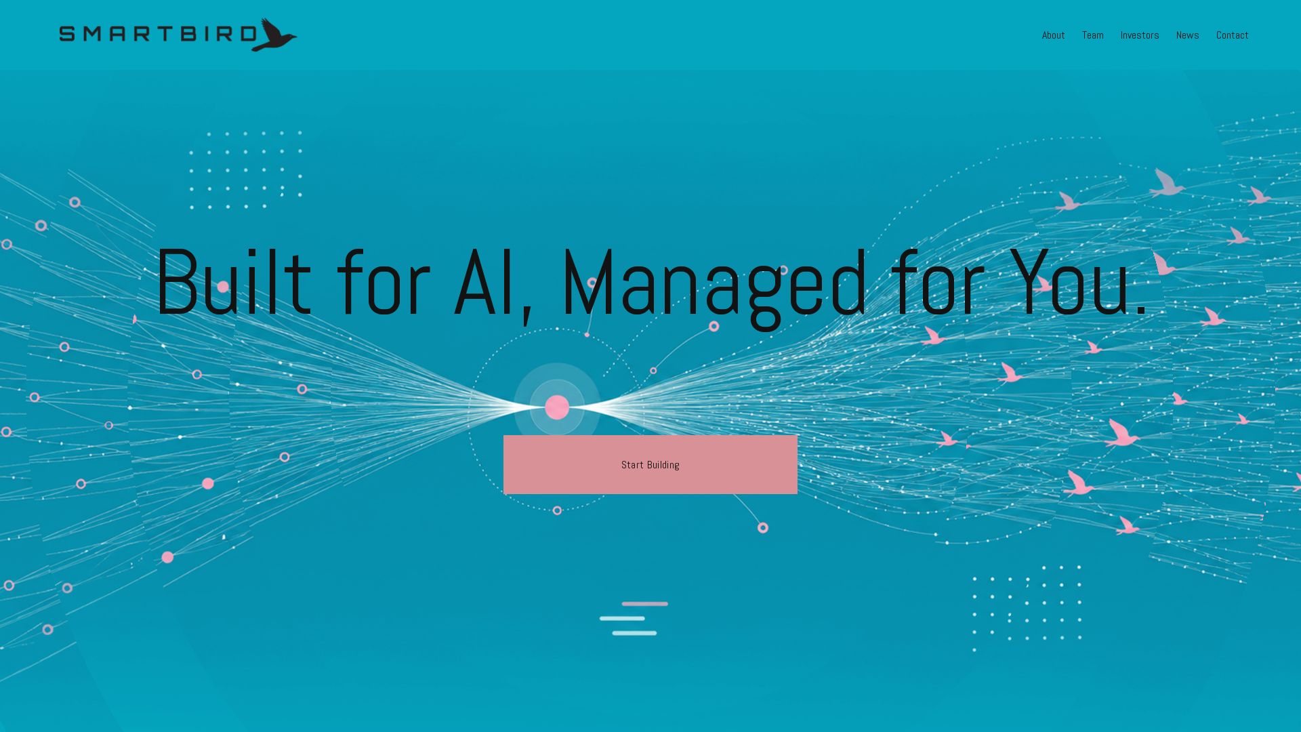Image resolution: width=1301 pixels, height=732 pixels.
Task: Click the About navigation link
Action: tap(1053, 35)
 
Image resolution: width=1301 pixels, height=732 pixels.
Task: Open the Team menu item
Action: tap(1092, 35)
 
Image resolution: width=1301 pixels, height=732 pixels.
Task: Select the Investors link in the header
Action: tap(1139, 35)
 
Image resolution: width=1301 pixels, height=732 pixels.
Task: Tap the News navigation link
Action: tap(1187, 35)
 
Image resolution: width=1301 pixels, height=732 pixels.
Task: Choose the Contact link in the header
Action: tap(1232, 35)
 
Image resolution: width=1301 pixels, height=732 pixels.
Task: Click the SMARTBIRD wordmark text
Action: tap(158, 34)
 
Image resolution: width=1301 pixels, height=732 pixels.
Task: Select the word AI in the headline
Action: tap(484, 282)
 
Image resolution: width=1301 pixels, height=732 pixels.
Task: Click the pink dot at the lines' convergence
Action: tap(557, 407)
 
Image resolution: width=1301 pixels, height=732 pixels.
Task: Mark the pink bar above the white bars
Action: tap(645, 604)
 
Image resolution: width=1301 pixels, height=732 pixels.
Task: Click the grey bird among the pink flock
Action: tap(1166, 182)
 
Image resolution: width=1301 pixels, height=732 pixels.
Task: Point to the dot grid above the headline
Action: tap(246, 169)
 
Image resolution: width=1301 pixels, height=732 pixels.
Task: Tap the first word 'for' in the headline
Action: tap(383, 282)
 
